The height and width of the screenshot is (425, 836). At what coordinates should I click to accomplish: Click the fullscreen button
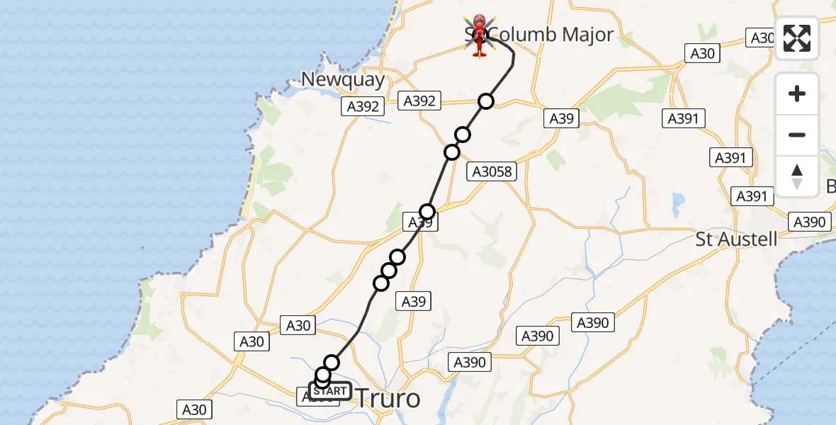pos(797,38)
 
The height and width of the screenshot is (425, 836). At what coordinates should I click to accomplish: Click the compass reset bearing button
pos(797,176)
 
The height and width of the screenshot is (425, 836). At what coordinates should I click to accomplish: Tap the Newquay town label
pos(343,79)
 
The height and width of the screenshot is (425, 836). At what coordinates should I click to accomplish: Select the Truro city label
pos(388,398)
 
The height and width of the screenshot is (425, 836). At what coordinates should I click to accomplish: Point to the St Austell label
pos(736,239)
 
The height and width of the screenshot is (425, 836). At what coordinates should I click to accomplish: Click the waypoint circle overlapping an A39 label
pos(427,212)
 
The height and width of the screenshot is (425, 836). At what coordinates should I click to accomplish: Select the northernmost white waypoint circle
pos(485,102)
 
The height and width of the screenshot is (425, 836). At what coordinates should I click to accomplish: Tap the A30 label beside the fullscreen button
pos(762,38)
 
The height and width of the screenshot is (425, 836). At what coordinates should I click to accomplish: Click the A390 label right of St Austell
pos(809,222)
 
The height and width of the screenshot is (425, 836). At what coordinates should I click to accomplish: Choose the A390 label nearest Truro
pos(469,363)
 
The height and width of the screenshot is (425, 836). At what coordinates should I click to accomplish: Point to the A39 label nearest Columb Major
pos(561,119)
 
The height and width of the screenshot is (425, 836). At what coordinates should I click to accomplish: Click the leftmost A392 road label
pos(363,107)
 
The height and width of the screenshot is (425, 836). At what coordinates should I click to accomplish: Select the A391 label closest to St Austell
pos(752,196)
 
